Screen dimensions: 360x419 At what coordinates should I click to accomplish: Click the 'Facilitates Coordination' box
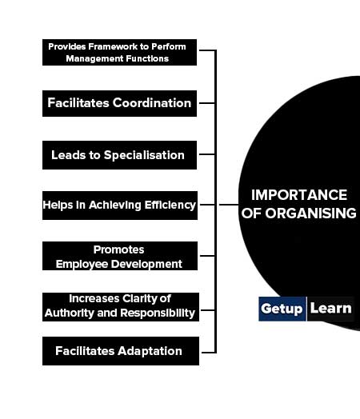click(119, 103)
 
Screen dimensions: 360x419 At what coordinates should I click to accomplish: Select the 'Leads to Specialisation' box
click(119, 155)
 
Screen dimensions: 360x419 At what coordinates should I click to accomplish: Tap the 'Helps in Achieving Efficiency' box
click(120, 206)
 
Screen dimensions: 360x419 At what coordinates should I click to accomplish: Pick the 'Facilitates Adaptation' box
click(121, 351)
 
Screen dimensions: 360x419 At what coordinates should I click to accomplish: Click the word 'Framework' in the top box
click(112, 46)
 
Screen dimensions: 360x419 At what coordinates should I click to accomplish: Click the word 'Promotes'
click(118, 249)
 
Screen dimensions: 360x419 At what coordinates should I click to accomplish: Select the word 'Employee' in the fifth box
click(82, 265)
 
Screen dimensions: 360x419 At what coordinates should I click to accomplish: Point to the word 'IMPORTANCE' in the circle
click(299, 195)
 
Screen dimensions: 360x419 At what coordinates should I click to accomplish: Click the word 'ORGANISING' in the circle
click(310, 213)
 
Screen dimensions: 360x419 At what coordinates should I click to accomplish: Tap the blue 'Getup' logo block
click(282, 309)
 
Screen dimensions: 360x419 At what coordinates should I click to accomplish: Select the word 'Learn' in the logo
click(330, 309)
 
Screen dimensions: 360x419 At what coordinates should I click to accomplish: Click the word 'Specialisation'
click(144, 155)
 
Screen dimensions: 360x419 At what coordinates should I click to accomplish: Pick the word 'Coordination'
click(152, 103)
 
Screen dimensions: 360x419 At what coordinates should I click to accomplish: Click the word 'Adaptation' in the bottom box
click(150, 351)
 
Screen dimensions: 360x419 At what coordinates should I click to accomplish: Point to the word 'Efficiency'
click(170, 206)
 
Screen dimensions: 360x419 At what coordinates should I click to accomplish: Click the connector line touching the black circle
click(229, 205)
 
